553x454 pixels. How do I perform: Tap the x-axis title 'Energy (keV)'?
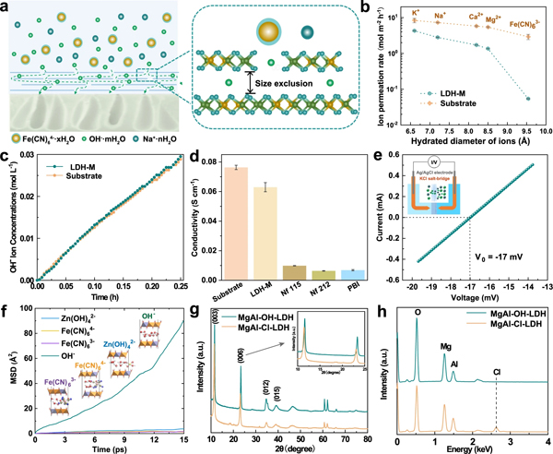tap(470, 446)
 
